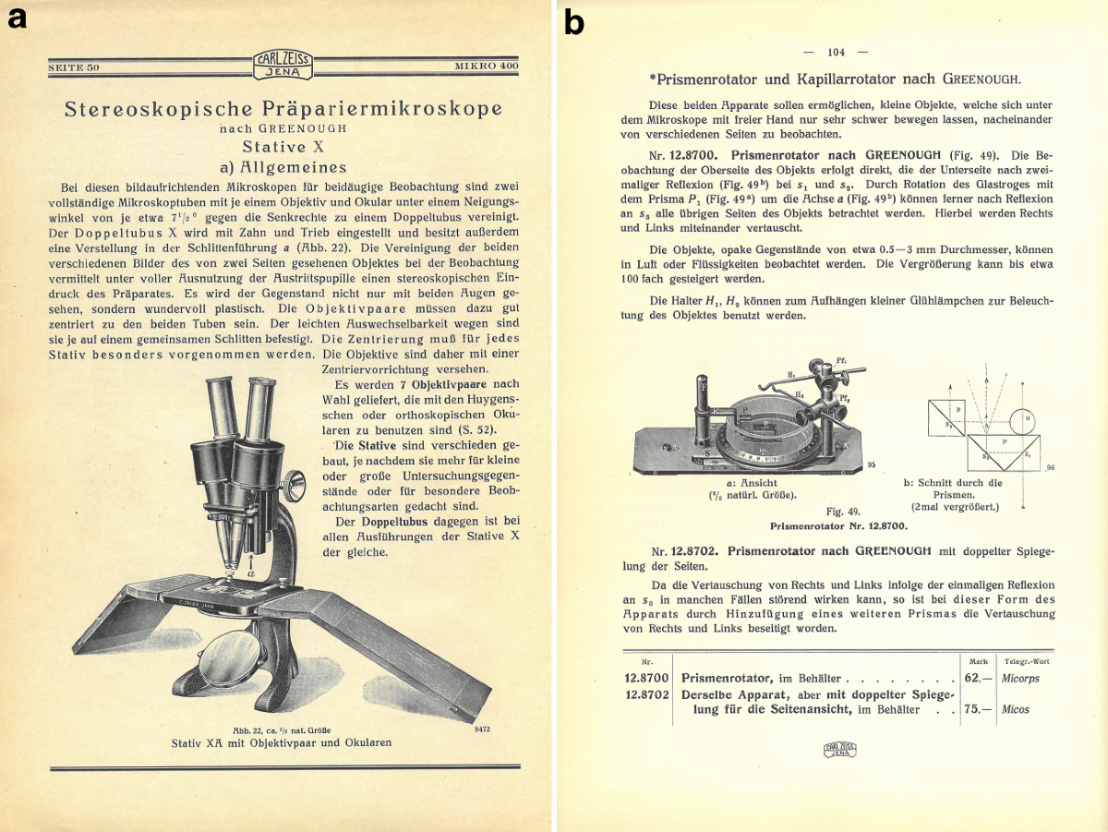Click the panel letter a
tap(16, 19)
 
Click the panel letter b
tap(574, 23)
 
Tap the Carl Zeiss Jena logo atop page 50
tap(283, 66)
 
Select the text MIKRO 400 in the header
tap(487, 67)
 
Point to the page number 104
tap(837, 52)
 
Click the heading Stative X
tap(282, 146)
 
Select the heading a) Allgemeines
tap(282, 167)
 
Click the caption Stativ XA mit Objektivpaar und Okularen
tap(282, 742)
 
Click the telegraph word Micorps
tap(1025, 677)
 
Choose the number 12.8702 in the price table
tap(645, 693)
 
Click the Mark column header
tap(979, 661)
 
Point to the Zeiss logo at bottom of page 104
tap(837, 750)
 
